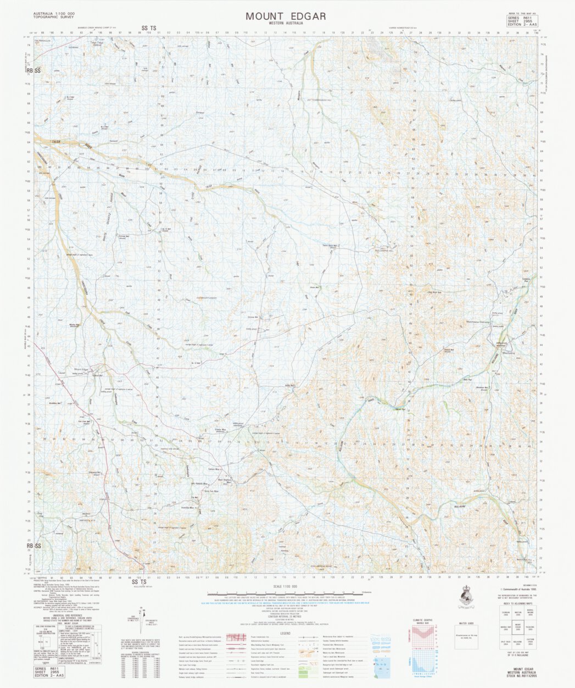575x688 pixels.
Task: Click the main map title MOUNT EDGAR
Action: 286,16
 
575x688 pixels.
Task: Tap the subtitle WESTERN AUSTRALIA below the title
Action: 286,24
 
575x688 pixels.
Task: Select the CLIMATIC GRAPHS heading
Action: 423,620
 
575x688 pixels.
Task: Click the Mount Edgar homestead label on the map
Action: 81,369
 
